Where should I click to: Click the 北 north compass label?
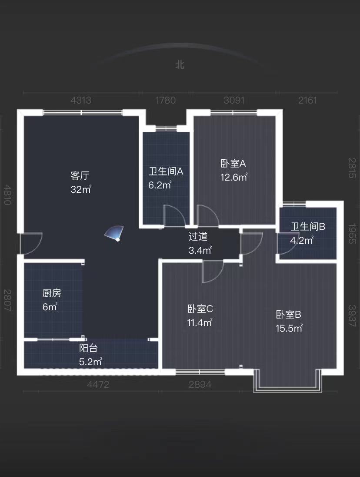(180, 64)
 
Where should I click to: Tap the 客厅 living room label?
(80, 176)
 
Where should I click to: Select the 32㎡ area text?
(81, 190)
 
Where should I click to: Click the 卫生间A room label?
(166, 171)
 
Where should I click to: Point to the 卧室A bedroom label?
(233, 164)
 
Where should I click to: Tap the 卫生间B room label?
(308, 226)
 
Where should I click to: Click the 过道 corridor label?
(198, 237)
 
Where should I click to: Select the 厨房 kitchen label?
(52, 293)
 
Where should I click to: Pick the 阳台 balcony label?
(88, 348)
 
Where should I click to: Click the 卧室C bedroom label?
(200, 309)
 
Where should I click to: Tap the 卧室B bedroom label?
(289, 314)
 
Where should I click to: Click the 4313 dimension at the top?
(81, 101)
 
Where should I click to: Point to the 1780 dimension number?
(165, 101)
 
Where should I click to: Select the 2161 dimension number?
(307, 101)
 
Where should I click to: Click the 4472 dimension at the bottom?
(98, 384)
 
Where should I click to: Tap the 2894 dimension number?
(200, 384)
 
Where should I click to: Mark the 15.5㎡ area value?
(289, 328)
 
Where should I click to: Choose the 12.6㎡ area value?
(234, 177)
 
